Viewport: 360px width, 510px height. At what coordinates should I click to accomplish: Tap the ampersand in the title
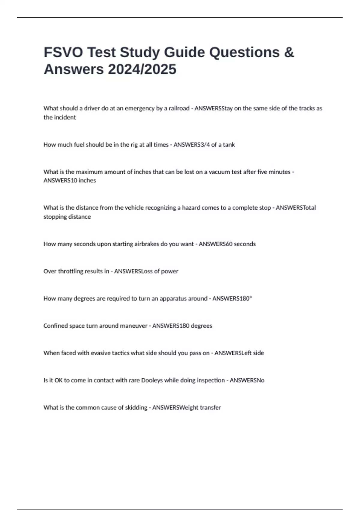pyautogui.click(x=289, y=52)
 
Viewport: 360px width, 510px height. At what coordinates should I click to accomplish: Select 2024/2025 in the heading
pyautogui.click(x=142, y=69)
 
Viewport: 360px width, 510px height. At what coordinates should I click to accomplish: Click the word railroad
pyautogui.click(x=179, y=108)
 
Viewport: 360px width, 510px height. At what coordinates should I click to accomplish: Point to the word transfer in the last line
pyautogui.click(x=210, y=408)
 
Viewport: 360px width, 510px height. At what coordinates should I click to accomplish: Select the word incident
pyautogui.click(x=65, y=118)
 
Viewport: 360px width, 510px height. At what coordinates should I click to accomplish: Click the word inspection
pyautogui.click(x=210, y=380)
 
